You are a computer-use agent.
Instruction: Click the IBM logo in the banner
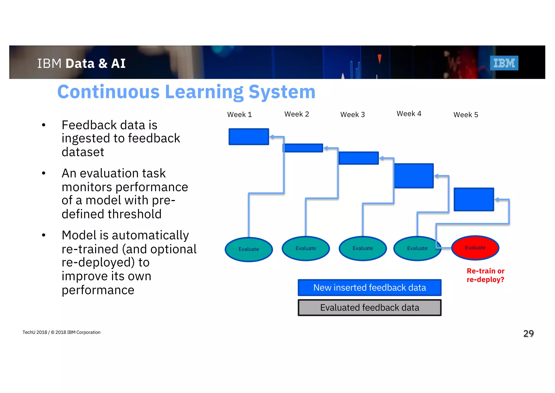pos(504,63)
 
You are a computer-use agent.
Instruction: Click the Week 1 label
pos(240,115)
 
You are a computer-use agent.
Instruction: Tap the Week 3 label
pos(352,115)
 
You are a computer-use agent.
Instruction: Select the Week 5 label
pos(466,115)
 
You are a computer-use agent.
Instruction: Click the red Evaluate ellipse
pos(475,248)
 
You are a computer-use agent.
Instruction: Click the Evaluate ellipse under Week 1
pos(249,249)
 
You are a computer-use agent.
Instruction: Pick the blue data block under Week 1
pos(249,137)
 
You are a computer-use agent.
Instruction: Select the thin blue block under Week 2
pos(303,148)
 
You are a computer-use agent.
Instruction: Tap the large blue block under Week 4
pos(414,176)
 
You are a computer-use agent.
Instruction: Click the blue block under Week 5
pos(474,199)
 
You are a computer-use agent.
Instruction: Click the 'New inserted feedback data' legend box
pos(369,287)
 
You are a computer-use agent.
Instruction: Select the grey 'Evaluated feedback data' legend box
pos(369,308)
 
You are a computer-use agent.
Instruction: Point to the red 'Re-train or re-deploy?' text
pos(485,275)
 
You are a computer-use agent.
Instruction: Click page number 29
pos(528,333)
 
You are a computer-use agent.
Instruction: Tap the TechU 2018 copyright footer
pos(61,332)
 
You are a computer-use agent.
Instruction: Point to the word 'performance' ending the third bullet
pos(98,290)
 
